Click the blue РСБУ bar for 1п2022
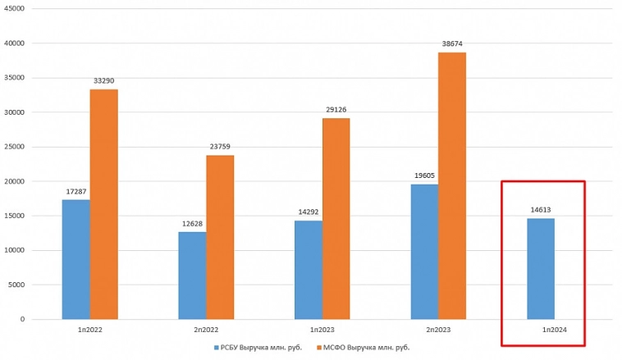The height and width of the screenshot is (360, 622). click(76, 259)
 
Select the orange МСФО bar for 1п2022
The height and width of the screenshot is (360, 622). click(104, 204)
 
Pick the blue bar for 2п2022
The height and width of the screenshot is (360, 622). click(192, 276)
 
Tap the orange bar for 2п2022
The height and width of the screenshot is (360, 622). click(220, 237)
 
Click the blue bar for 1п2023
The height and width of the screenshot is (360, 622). click(309, 270)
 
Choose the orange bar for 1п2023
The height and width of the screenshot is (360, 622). click(336, 218)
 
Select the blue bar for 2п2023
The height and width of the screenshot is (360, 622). click(424, 252)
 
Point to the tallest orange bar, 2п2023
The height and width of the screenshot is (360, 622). click(452, 185)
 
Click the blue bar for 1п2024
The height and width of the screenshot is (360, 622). click(541, 268)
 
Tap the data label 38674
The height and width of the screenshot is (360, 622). click(452, 44)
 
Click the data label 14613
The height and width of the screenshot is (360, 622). click(541, 210)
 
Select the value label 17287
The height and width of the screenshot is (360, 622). click(76, 192)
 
